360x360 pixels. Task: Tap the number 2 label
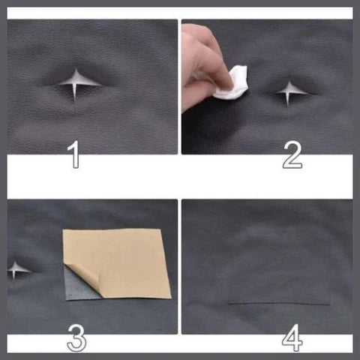(x=292, y=154)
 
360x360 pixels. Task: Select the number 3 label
(x=75, y=339)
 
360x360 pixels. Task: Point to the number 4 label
(x=292, y=339)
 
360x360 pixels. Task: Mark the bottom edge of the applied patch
(x=279, y=304)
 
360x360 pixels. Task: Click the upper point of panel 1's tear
(x=79, y=70)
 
